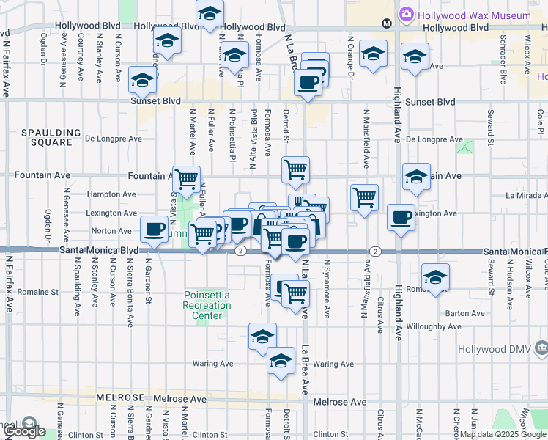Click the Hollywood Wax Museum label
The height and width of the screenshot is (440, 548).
click(x=473, y=15)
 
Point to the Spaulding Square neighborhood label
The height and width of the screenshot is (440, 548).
click(x=51, y=137)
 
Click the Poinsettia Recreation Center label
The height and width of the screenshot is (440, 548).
click(x=207, y=305)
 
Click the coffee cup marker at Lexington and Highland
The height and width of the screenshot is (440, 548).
click(x=401, y=217)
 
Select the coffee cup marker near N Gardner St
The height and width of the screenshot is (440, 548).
click(x=155, y=229)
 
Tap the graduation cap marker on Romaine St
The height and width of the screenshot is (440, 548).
click(x=435, y=277)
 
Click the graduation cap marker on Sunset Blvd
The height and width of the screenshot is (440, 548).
click(x=142, y=80)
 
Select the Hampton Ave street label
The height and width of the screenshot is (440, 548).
click(x=111, y=194)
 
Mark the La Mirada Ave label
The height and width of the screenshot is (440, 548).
click(x=525, y=195)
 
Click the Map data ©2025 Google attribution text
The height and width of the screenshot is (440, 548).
click(x=503, y=434)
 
